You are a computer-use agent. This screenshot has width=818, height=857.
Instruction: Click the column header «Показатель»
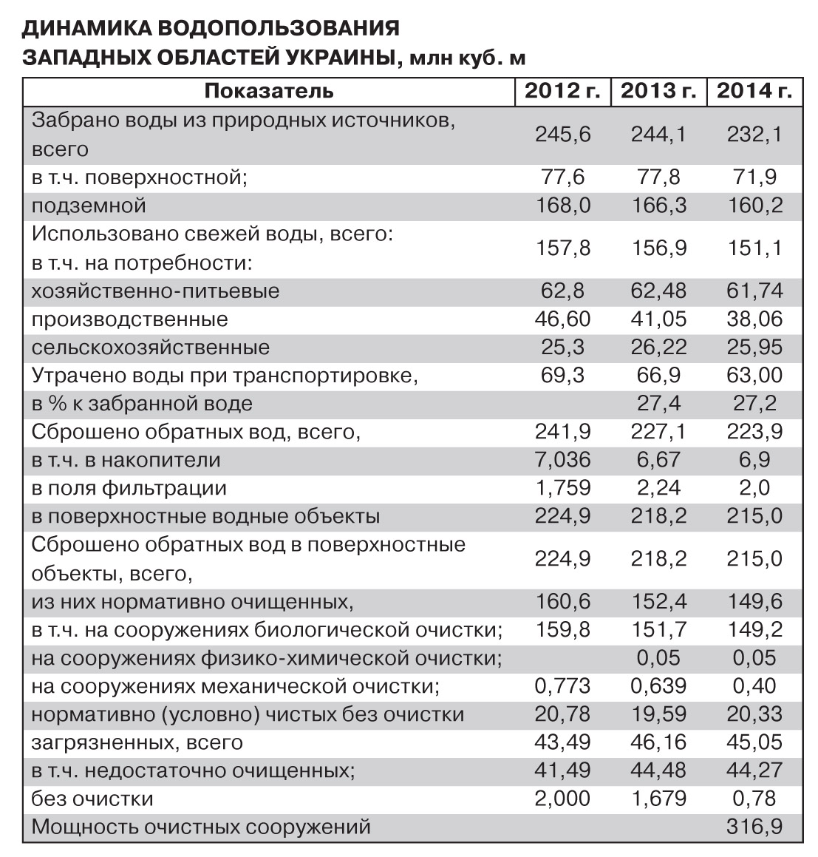coord(269,91)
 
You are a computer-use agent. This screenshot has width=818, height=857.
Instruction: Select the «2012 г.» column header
coord(562,91)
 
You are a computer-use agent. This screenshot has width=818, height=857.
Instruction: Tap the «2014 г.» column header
coord(754,91)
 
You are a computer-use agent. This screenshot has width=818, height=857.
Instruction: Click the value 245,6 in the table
coord(562,135)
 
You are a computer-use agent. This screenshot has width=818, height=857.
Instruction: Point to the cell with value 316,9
coord(754,827)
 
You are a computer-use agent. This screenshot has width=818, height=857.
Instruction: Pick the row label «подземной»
coord(89,205)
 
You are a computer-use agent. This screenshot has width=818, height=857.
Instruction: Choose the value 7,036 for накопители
coord(562,460)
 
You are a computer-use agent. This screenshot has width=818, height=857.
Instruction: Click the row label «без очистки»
coord(92,799)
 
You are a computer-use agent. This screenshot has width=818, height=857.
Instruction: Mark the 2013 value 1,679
coord(658,799)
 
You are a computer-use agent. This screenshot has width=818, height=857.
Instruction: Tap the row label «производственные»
coord(129,319)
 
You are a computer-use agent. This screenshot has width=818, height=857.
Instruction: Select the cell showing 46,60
coord(562,319)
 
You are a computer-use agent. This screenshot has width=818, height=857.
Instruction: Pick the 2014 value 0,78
coord(754,799)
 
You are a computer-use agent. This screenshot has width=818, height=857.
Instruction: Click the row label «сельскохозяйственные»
coord(150,348)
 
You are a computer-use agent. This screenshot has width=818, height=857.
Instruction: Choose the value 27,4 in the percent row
coord(658,404)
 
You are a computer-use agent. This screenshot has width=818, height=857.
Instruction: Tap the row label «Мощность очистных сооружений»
coord(200,827)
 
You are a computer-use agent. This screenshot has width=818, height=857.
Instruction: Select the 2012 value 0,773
coord(562,686)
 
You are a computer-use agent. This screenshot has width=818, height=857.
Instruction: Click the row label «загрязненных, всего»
coord(137,742)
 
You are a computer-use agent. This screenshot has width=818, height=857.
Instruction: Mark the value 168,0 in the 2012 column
coord(562,205)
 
